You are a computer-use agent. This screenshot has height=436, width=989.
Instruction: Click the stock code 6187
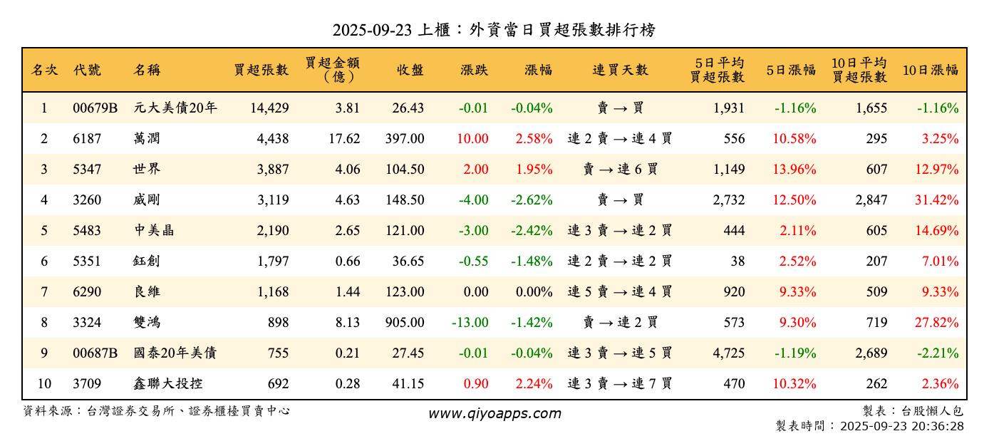click(88, 139)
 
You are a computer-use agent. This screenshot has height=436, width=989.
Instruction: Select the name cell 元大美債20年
click(175, 108)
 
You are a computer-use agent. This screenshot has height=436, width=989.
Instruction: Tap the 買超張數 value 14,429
click(269, 108)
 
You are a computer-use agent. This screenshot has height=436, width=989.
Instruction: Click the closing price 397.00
click(405, 139)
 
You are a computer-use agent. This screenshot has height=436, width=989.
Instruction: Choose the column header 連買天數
click(620, 70)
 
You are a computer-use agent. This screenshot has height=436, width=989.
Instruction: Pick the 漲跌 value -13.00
click(470, 323)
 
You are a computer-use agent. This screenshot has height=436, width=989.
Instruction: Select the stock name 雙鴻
click(146, 323)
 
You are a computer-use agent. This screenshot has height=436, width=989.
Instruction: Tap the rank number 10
click(44, 384)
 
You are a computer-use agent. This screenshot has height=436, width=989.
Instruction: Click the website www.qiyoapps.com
click(494, 413)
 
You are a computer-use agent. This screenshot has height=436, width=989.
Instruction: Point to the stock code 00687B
click(95, 353)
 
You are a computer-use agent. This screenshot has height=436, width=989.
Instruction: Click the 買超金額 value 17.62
click(344, 139)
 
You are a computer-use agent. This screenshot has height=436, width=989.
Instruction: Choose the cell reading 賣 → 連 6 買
click(620, 170)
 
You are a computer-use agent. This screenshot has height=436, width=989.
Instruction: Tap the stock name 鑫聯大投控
click(167, 384)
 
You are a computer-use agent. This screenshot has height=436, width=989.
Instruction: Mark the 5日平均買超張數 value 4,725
click(728, 353)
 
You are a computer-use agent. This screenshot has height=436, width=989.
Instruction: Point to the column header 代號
click(87, 70)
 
